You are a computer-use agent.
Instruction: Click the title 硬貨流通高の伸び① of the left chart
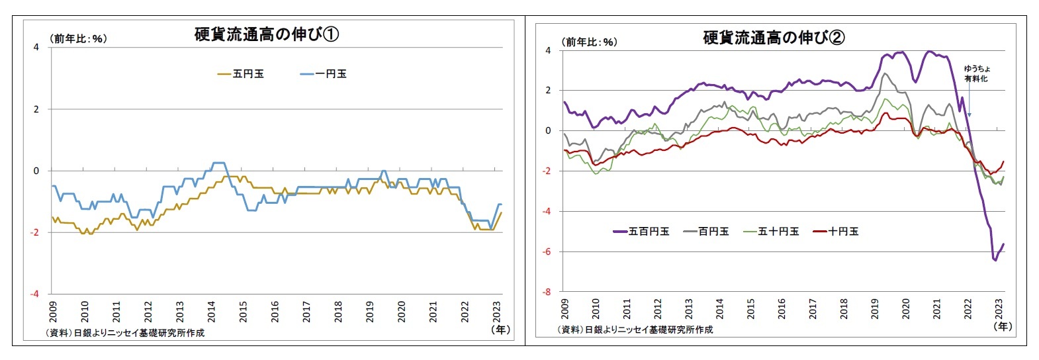coord(266,34)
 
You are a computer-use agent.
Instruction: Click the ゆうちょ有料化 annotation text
coord(976,73)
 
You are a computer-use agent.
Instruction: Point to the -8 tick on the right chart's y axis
coord(547,292)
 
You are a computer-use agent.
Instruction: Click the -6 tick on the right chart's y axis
coord(547,251)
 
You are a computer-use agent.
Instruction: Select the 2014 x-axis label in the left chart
coord(212,311)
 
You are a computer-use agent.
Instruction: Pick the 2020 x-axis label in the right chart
coord(906,308)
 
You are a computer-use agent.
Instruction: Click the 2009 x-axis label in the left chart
coord(54,311)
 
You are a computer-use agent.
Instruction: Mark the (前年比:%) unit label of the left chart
coord(78,39)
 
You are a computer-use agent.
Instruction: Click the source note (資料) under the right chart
coord(635,330)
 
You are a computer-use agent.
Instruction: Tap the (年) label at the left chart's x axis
coord(500,329)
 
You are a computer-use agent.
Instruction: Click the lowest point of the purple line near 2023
coord(995,260)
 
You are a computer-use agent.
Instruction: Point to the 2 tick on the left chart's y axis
coord(36,109)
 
